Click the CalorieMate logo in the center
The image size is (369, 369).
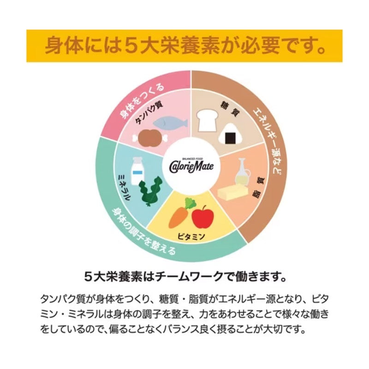(191, 166)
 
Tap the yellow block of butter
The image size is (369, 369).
(233, 192)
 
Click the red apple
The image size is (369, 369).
(203, 216)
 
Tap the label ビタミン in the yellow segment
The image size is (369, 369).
(191, 237)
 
